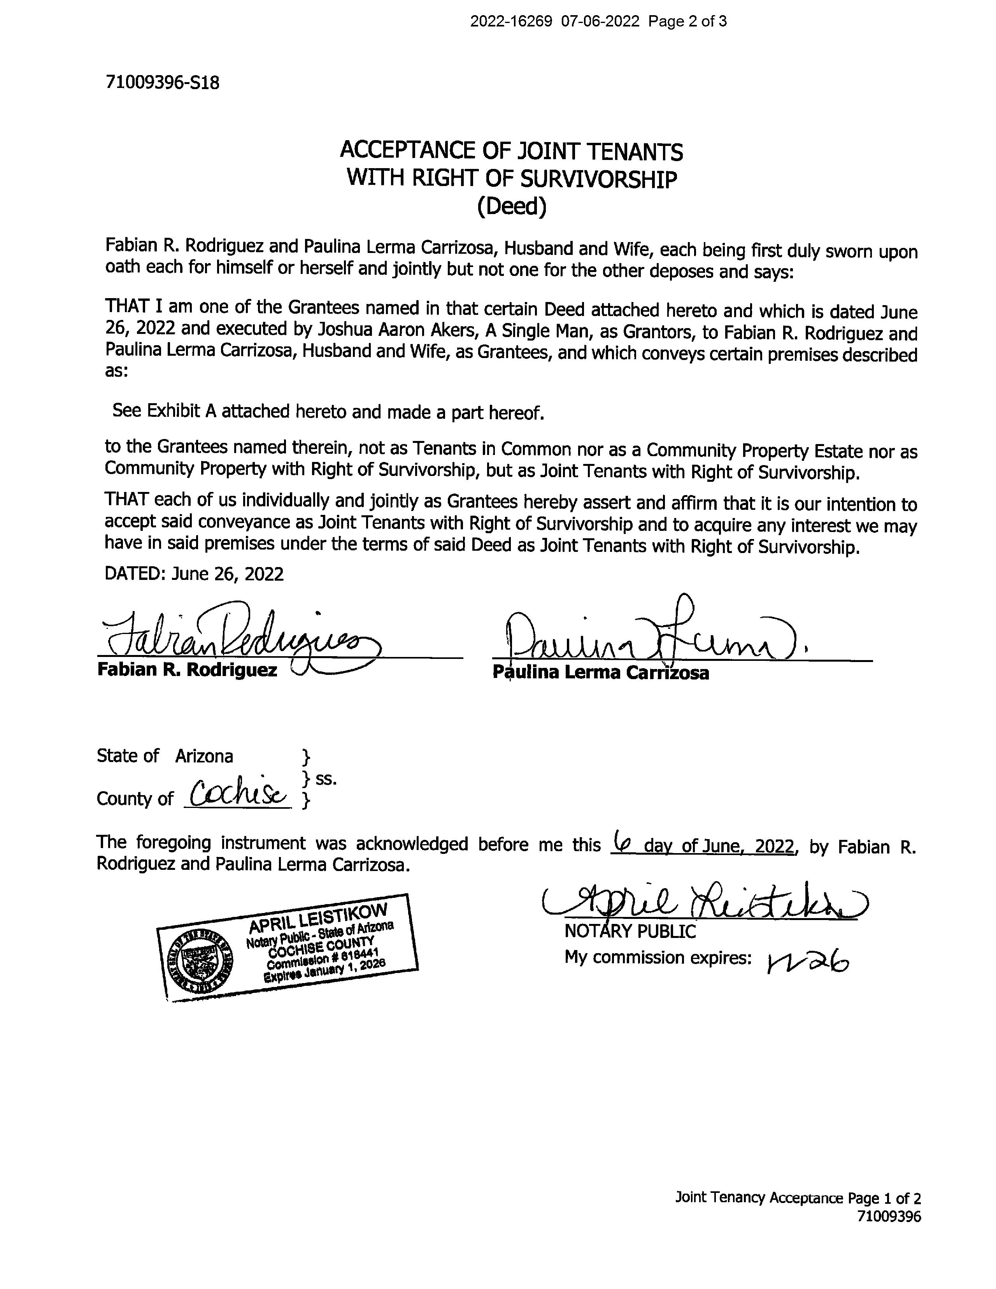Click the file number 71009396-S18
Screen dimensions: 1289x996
162,83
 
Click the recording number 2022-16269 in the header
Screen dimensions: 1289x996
510,22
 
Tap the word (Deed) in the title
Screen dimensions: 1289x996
512,207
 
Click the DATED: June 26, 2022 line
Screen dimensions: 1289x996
194,574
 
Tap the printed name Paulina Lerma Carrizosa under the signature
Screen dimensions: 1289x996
601,673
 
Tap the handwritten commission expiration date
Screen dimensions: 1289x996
807,963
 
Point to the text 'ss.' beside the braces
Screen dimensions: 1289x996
326,779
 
